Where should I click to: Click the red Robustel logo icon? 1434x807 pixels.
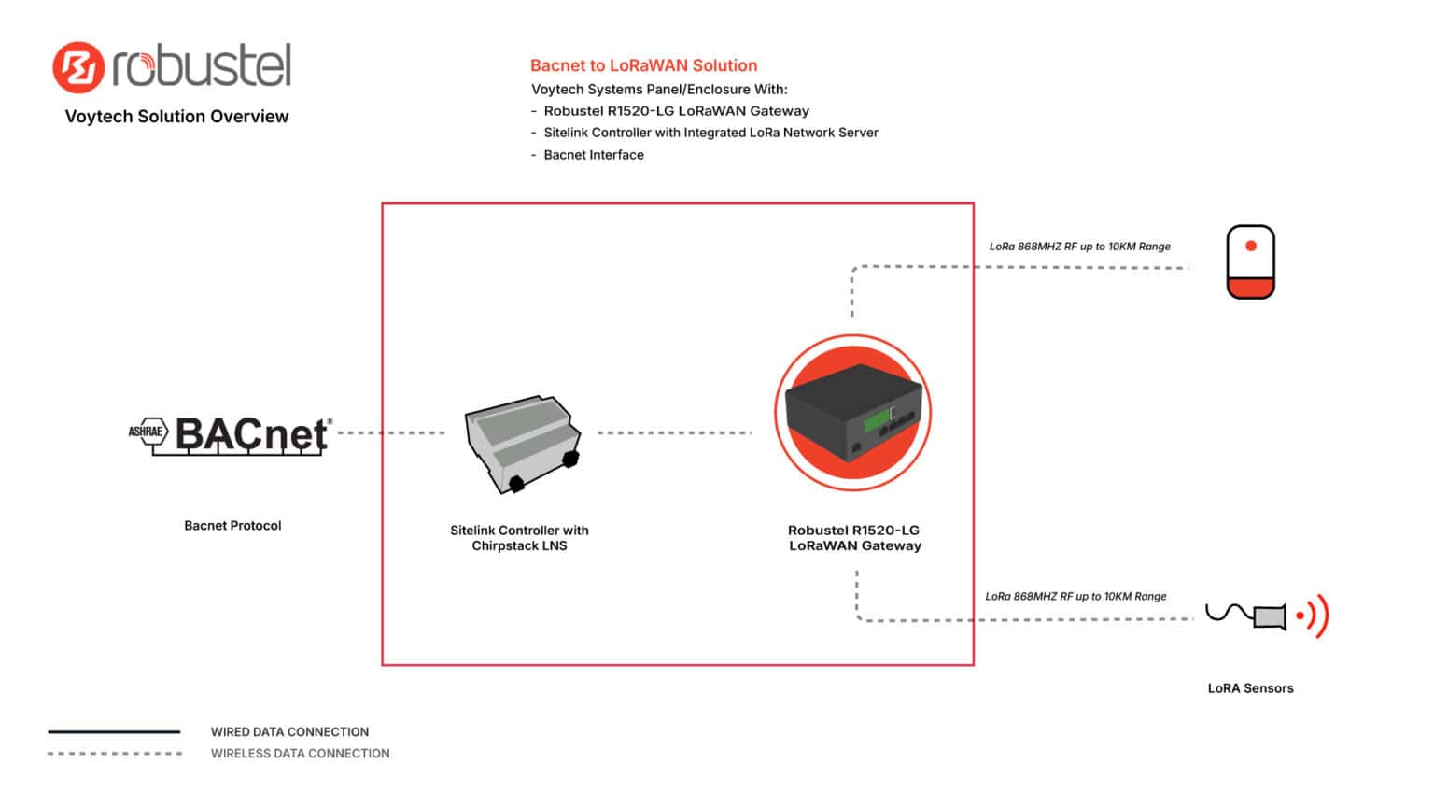(x=77, y=67)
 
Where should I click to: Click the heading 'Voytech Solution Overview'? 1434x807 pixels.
(x=176, y=117)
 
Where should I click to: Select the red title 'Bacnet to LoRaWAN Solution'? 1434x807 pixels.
(x=643, y=65)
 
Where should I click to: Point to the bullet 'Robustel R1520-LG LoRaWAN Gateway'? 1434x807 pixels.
(x=676, y=111)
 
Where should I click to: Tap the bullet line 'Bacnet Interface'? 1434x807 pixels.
(x=593, y=155)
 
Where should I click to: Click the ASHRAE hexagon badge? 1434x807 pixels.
(x=147, y=432)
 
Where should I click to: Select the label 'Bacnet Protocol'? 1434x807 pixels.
(x=232, y=526)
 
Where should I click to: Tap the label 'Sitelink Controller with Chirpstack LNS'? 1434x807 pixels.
(x=519, y=538)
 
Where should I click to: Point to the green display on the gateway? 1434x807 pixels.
(x=875, y=423)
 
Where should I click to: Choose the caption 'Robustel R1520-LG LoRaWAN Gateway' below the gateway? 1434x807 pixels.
(x=854, y=538)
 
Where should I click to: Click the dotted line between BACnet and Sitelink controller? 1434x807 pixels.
(x=391, y=433)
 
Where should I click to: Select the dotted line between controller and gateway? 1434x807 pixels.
(x=673, y=433)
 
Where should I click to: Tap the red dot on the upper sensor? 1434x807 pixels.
(x=1251, y=247)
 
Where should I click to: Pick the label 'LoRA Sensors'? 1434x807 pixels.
(x=1250, y=688)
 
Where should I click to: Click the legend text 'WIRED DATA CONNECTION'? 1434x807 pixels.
(x=289, y=732)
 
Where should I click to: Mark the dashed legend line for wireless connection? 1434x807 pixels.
(x=115, y=753)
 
